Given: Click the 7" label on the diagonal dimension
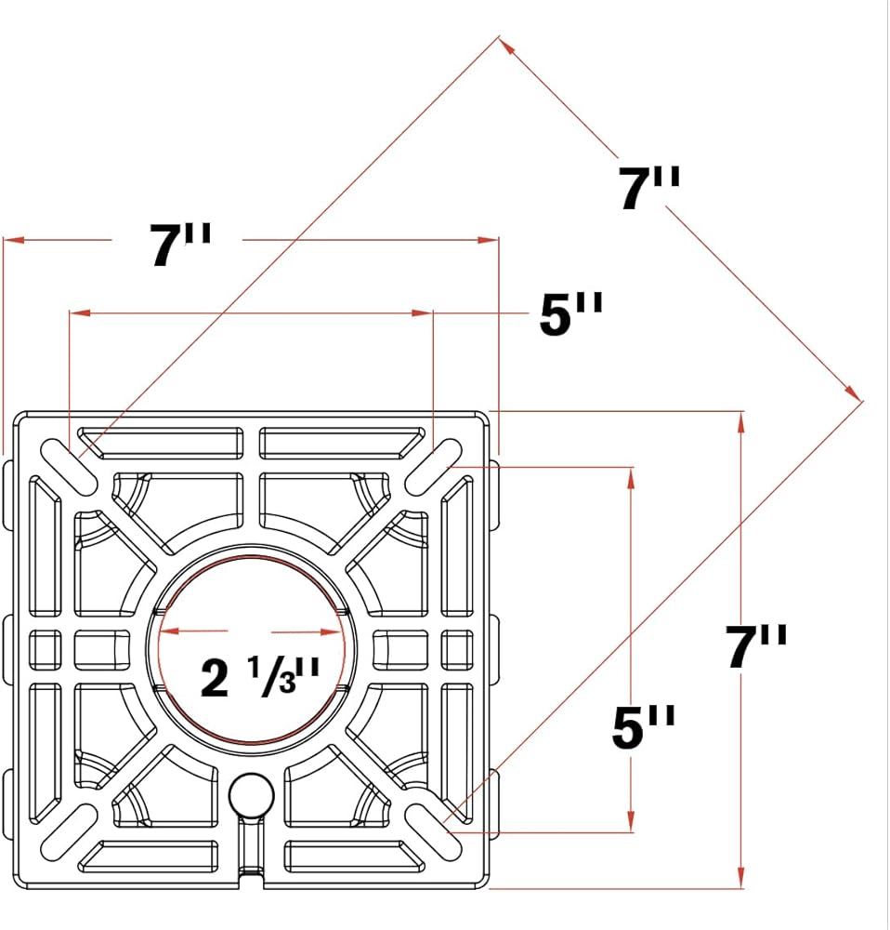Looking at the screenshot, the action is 648,188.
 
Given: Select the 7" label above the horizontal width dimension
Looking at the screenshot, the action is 180,245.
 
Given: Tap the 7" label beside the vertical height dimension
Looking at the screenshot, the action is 756,646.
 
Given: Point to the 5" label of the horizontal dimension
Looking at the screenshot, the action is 570,313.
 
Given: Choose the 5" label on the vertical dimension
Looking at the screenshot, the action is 644,726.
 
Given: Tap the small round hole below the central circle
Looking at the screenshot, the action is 251,794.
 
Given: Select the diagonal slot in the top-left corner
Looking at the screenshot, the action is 70,466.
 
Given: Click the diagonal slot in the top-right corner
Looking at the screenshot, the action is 435,466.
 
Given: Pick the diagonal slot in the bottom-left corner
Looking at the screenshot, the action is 70,831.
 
